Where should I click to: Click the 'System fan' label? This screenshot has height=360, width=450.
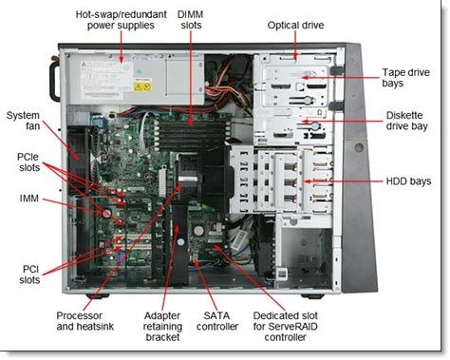tap(23, 123)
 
